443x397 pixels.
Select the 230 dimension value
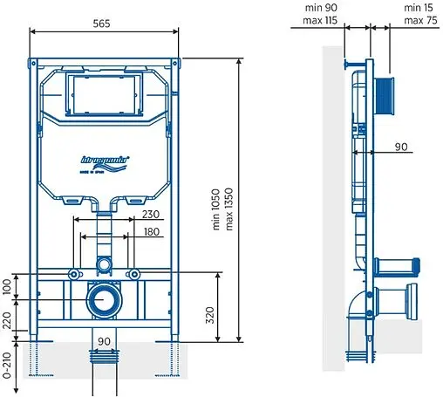click(150, 215)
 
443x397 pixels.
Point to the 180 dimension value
click(150, 233)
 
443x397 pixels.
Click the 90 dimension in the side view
click(400, 147)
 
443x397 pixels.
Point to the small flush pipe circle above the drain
click(104, 264)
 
